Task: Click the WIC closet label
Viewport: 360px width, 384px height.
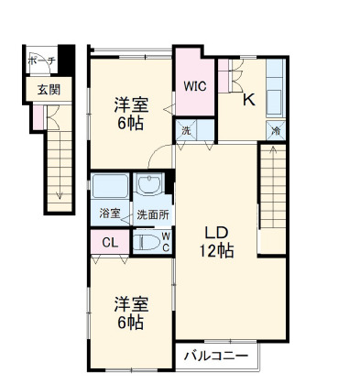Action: pyautogui.click(x=193, y=88)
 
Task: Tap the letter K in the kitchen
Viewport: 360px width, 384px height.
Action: pyautogui.click(x=248, y=101)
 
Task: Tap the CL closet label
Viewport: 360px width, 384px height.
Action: pyautogui.click(x=109, y=243)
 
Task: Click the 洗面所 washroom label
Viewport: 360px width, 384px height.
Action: pyautogui.click(x=152, y=214)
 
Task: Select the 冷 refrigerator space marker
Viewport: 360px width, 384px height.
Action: pyautogui.click(x=276, y=131)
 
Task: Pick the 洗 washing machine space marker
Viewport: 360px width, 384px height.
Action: pyautogui.click(x=185, y=131)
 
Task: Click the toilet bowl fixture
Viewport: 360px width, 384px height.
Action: pyautogui.click(x=146, y=243)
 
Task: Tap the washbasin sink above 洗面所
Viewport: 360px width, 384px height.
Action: pyautogui.click(x=148, y=188)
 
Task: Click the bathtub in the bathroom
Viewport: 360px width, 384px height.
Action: pyautogui.click(x=111, y=188)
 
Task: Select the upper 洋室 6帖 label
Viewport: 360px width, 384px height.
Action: pyautogui.click(x=129, y=114)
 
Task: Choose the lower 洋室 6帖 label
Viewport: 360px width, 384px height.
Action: pyautogui.click(x=129, y=312)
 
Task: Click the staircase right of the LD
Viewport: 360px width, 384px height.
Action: pyautogui.click(x=275, y=197)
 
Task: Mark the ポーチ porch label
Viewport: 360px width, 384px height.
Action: pyautogui.click(x=42, y=60)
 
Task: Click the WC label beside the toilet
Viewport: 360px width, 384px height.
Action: pyautogui.click(x=166, y=241)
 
